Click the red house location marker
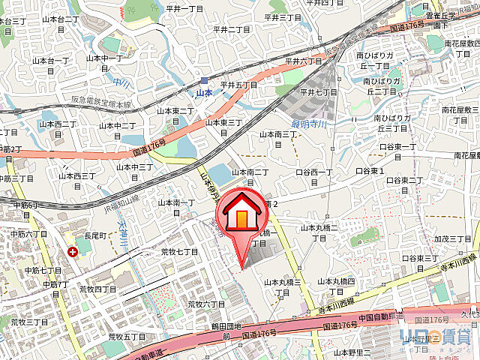point(241,214)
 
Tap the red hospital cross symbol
point(72,252)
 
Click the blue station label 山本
point(204,93)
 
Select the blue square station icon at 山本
point(204,81)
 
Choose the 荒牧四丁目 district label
point(97,289)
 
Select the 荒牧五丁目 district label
point(126,337)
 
